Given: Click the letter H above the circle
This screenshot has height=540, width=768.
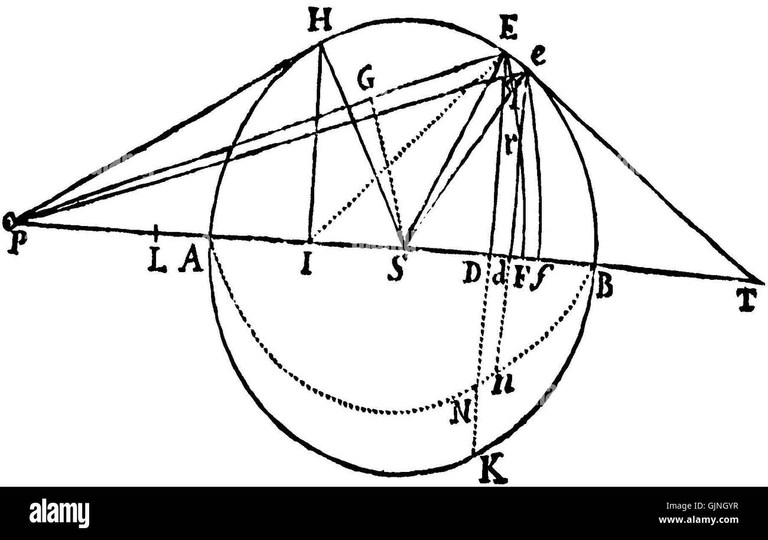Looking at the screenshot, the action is point(319,24).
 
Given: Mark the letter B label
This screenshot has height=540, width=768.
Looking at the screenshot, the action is point(604,288).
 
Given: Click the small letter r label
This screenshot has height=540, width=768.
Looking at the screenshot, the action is point(508,146).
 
